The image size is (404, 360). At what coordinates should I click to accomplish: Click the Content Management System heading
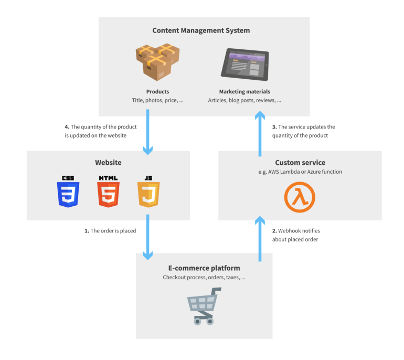201,30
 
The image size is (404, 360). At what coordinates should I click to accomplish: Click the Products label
157,91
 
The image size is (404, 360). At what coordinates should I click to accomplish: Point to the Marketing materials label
244,91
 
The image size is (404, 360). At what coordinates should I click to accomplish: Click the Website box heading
108,163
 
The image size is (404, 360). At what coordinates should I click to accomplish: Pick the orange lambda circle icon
300,197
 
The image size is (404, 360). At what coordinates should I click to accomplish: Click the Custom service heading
300,163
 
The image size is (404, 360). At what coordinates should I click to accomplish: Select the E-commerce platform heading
204,268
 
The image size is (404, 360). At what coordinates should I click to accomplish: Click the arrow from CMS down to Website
148,131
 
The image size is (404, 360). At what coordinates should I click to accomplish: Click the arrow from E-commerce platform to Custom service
260,239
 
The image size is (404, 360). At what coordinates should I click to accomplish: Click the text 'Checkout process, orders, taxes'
204,278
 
